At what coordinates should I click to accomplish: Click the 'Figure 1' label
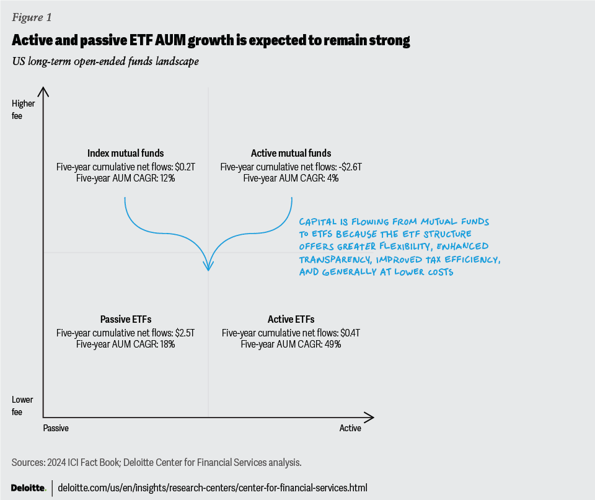[x=32, y=17]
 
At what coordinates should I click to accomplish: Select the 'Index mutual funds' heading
[x=125, y=153]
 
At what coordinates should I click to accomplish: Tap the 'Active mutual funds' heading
[x=291, y=153]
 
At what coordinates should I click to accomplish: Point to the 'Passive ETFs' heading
[x=125, y=320]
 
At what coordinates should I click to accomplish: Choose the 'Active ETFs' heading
[x=291, y=320]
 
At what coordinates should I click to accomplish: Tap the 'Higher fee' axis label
[x=23, y=109]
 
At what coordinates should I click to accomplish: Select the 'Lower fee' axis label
[x=23, y=405]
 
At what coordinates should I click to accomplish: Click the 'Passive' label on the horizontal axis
[x=56, y=428]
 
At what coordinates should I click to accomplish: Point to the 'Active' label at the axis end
[x=350, y=428]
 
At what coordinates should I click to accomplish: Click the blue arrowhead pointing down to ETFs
[x=209, y=266]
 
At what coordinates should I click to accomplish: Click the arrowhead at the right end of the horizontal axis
[x=370, y=416]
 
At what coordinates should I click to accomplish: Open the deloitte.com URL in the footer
[x=212, y=488]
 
